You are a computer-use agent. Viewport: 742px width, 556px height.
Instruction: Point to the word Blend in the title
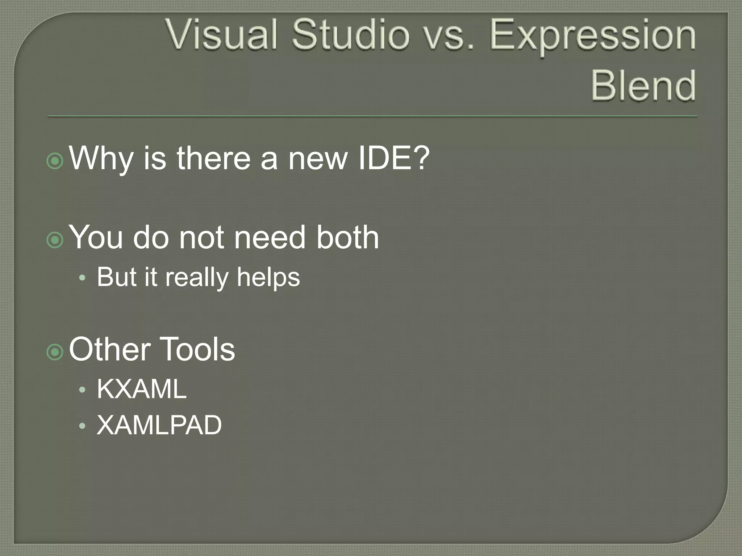click(x=643, y=85)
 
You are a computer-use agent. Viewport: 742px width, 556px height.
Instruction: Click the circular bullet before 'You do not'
click(x=55, y=240)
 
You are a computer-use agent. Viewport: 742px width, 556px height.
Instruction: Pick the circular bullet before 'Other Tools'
click(x=55, y=351)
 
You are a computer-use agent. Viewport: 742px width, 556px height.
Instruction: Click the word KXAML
click(x=142, y=389)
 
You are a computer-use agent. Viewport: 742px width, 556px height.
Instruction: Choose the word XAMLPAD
click(x=159, y=425)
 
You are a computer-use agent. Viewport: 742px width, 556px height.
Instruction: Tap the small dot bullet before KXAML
click(x=83, y=390)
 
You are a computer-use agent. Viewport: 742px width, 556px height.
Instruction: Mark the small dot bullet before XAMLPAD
click(x=83, y=426)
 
